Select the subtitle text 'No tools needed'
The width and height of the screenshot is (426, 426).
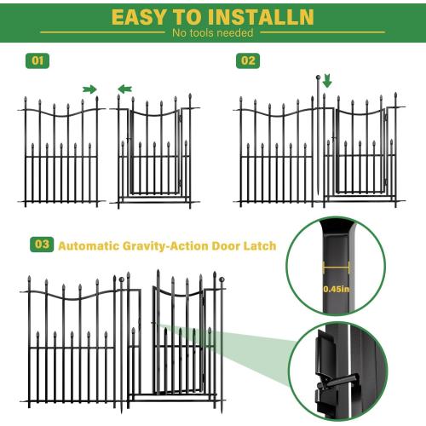pos(212,33)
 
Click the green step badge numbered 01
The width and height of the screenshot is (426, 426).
pos(37,61)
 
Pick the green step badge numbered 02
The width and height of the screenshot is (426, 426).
pos(248,61)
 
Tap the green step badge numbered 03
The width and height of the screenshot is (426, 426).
pos(41,245)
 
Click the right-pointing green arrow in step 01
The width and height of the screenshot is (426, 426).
pos(89,89)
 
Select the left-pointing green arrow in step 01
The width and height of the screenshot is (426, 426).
pos(124,89)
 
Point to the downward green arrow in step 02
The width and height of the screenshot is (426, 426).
pos(328,82)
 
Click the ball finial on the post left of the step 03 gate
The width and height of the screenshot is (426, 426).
pos(122,279)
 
